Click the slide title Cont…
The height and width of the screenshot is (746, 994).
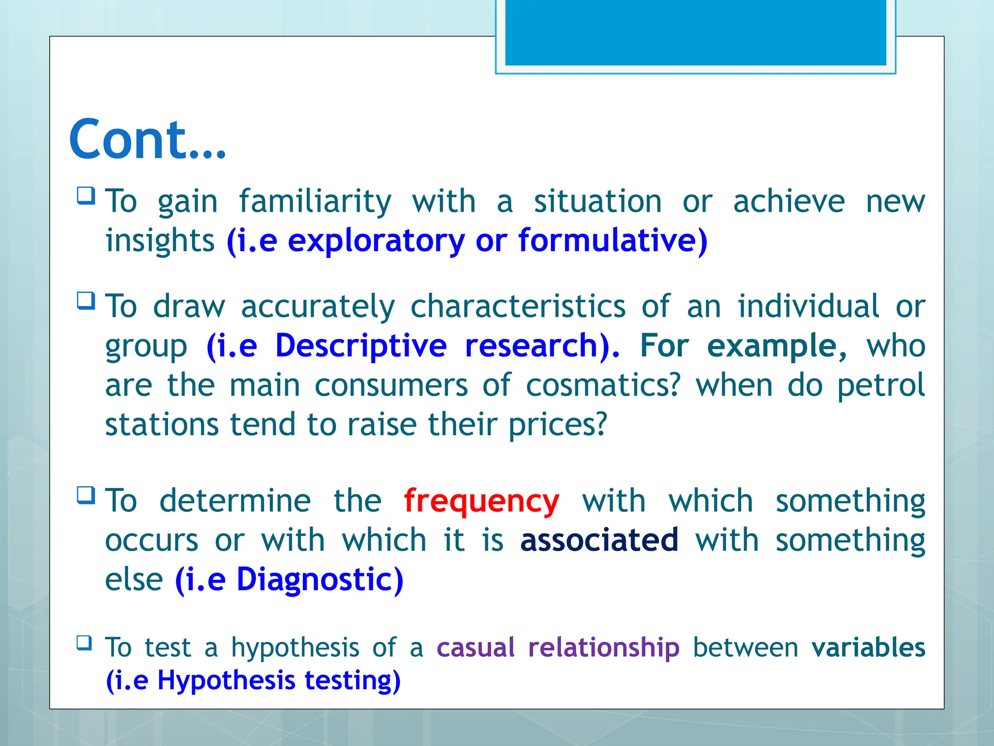pyautogui.click(x=148, y=140)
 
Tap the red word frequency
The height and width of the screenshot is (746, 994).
pyautogui.click(x=481, y=501)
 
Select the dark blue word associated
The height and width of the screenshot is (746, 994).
pyautogui.click(x=599, y=540)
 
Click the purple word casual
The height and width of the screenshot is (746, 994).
pyautogui.click(x=475, y=647)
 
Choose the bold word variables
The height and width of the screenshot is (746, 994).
pyautogui.click(x=868, y=647)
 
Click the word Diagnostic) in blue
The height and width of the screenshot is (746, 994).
pyautogui.click(x=320, y=579)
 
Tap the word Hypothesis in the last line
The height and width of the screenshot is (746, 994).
pyautogui.click(x=226, y=680)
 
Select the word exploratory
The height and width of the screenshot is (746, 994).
pyautogui.click(x=376, y=241)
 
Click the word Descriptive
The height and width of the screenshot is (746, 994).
pyautogui.click(x=361, y=346)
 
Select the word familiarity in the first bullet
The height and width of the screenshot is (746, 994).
pyautogui.click(x=315, y=202)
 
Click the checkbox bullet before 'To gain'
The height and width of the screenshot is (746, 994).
pyautogui.click(x=86, y=196)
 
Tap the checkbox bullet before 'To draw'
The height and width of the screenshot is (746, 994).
pyautogui.click(x=86, y=301)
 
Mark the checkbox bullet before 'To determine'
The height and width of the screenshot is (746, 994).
pyautogui.click(x=86, y=495)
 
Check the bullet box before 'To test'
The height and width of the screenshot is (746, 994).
pyautogui.click(x=84, y=643)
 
